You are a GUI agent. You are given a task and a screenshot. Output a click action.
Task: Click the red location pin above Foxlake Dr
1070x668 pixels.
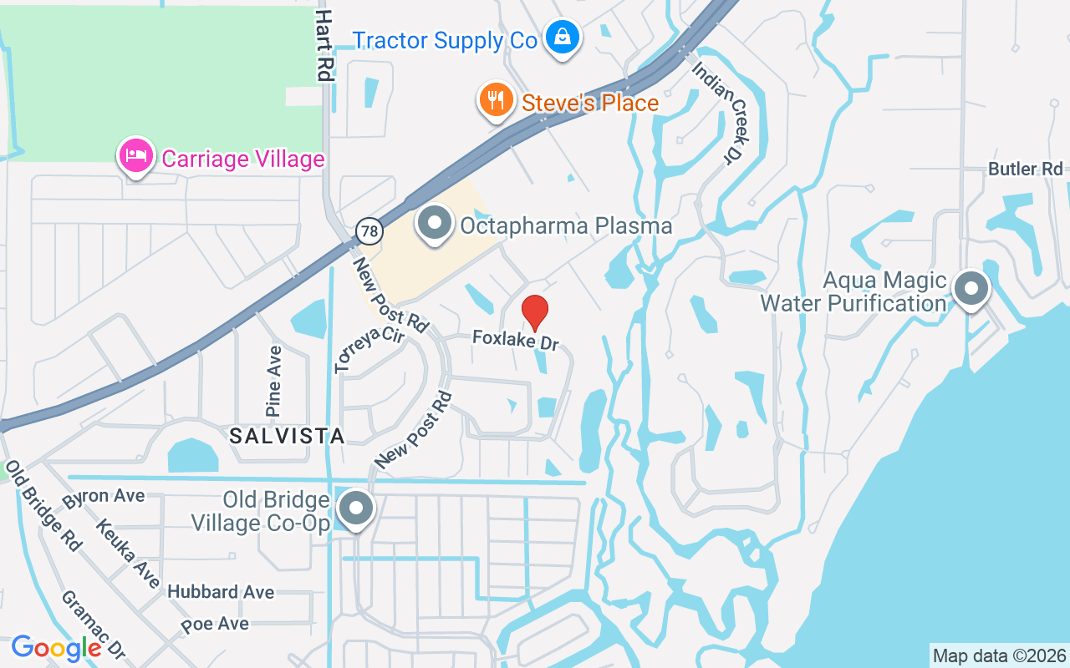535,311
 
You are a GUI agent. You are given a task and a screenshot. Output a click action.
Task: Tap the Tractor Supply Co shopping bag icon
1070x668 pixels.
563,37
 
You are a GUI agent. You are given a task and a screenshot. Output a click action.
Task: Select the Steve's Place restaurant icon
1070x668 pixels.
497,101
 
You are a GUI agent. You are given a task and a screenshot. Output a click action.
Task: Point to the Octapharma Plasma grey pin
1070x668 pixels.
434,224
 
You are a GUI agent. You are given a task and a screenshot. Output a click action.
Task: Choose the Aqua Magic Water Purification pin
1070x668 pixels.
971,289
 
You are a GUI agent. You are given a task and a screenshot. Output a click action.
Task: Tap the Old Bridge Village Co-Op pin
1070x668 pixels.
356,507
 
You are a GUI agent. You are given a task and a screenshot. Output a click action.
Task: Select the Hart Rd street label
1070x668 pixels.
324,45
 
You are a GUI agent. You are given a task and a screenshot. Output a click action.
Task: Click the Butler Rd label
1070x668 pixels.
1025,169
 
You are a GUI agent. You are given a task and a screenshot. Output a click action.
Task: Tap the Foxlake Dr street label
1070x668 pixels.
515,340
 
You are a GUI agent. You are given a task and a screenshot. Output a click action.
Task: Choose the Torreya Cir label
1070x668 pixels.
369,350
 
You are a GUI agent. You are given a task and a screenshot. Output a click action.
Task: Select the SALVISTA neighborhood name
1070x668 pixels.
287,436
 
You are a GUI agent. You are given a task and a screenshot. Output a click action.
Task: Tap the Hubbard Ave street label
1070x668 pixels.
221,592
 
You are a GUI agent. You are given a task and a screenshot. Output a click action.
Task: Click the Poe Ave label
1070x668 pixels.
215,624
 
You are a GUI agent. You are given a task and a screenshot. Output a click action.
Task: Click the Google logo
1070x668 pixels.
57,648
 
